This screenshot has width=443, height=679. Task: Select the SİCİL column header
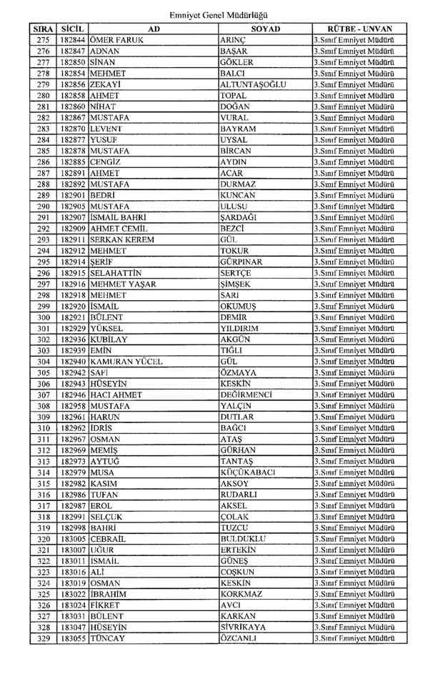point(73,28)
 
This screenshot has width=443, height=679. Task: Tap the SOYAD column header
point(265,28)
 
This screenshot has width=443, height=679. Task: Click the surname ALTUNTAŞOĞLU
point(254,84)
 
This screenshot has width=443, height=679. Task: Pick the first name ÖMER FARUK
point(117,40)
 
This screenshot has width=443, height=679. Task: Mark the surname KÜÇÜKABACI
point(251,472)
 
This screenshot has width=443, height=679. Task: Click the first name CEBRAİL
point(111,538)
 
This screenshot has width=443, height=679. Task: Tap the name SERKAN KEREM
point(122,239)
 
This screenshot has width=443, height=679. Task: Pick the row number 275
point(43,40)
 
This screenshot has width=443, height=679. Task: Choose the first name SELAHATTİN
point(116,273)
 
